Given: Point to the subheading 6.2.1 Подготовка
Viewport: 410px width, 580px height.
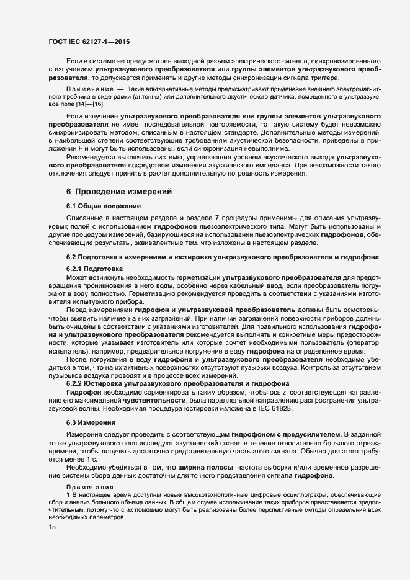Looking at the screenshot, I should (x=94, y=267).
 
